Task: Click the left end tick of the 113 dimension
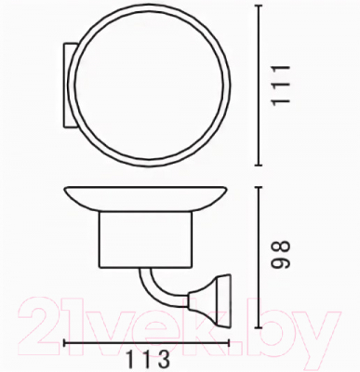coord(62,341)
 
